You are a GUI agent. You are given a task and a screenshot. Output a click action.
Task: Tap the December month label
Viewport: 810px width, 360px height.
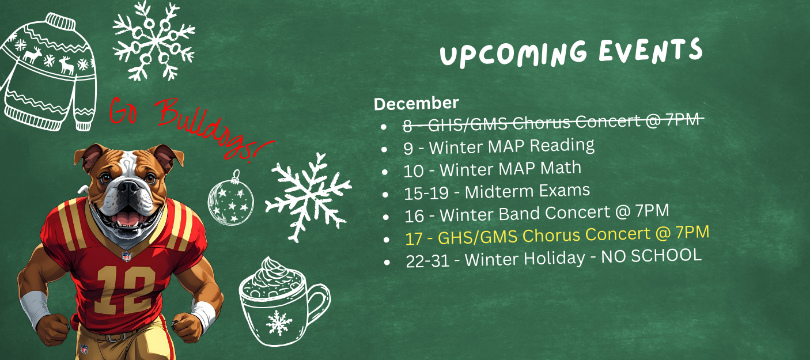point(416,103)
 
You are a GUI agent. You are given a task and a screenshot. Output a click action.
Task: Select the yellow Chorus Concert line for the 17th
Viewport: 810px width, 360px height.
point(557,236)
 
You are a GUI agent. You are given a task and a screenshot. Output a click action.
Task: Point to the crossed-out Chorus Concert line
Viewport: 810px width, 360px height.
point(553,122)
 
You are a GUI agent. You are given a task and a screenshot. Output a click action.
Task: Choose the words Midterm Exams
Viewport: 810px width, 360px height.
point(527,191)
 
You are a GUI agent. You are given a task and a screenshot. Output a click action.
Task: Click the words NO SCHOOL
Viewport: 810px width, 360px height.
point(651,256)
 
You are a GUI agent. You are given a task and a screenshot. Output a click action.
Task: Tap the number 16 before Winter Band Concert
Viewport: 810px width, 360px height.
point(414,216)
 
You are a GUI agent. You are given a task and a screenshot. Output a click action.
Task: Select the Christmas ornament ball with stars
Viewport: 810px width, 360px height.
point(230,199)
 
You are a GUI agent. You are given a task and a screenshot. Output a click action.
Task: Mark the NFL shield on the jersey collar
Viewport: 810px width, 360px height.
point(126,256)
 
